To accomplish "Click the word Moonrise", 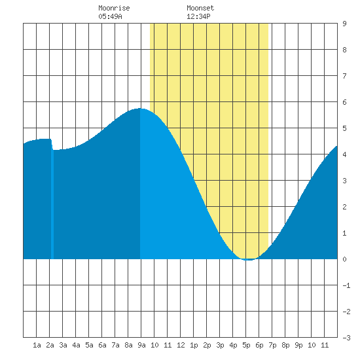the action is pyautogui.click(x=114, y=8).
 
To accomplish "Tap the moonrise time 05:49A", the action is pyautogui.click(x=110, y=16).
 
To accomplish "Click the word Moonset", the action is pyautogui.click(x=200, y=8).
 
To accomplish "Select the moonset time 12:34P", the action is pyautogui.click(x=198, y=16).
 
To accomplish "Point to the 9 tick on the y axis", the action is pyautogui.click(x=344, y=24).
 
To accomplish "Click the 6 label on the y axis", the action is pyautogui.click(x=344, y=102).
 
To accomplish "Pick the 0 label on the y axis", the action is pyautogui.click(x=344, y=259).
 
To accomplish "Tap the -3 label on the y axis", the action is pyautogui.click(x=346, y=338).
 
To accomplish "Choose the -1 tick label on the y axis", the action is pyautogui.click(x=346, y=285).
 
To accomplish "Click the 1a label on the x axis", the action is pyautogui.click(x=37, y=345).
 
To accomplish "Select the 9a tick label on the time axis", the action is pyautogui.click(x=141, y=345).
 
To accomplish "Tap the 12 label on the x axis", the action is pyautogui.click(x=181, y=345).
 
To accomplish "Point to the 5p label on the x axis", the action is pyautogui.click(x=246, y=345).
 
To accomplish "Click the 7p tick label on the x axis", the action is pyautogui.click(x=272, y=345).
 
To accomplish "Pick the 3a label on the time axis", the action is pyautogui.click(x=63, y=345).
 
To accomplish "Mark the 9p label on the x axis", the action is pyautogui.click(x=298, y=345).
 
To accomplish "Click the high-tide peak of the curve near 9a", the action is pyautogui.click(x=140, y=109).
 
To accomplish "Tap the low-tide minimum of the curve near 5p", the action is pyautogui.click(x=249, y=260).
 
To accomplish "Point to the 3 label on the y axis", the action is pyautogui.click(x=344, y=181).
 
